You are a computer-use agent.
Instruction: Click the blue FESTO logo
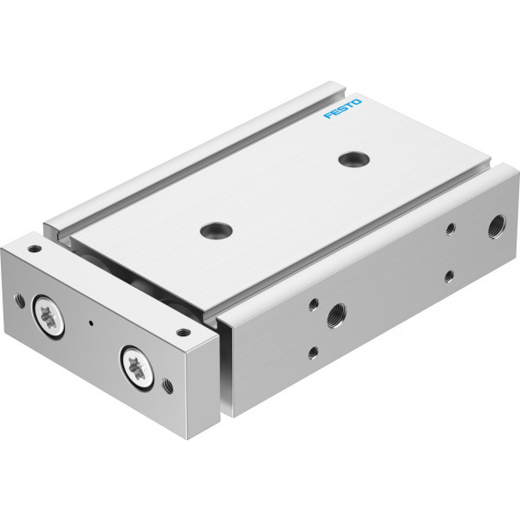(342, 108)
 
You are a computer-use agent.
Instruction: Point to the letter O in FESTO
(356, 101)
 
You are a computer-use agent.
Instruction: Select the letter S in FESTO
(342, 108)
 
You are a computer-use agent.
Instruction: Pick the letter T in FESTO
(349, 105)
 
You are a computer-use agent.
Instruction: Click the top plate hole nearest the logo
(354, 159)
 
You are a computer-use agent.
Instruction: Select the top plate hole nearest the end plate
(216, 231)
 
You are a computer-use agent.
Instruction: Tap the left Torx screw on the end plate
(48, 315)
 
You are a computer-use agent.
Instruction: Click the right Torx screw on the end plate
(137, 367)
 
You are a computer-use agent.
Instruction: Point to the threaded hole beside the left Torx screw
(20, 301)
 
